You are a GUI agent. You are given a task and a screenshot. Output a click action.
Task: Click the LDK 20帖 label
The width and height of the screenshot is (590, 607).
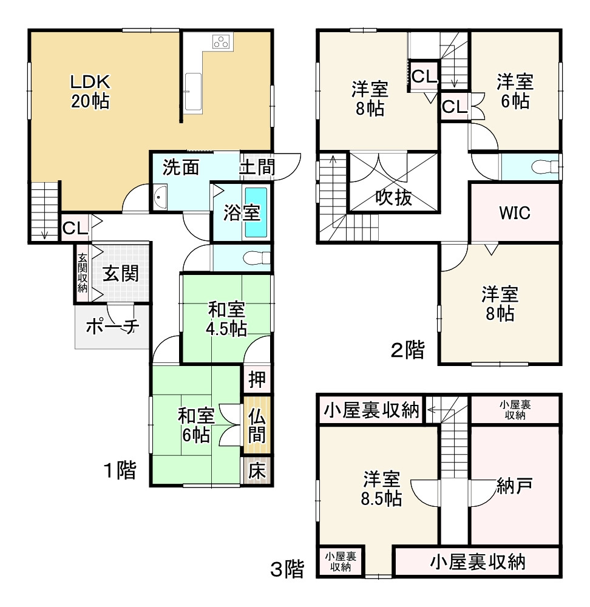(90, 91)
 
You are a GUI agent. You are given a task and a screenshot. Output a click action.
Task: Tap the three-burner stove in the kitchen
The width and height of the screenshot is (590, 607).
(222, 42)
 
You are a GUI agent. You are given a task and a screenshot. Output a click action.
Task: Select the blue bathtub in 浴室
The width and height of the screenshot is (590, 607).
(256, 212)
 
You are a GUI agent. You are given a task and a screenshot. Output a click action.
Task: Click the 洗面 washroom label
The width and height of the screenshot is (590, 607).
(181, 167)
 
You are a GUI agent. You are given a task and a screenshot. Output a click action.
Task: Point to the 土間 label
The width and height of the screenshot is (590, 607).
(257, 167)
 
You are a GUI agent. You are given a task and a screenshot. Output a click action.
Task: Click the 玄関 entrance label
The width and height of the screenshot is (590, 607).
(120, 274)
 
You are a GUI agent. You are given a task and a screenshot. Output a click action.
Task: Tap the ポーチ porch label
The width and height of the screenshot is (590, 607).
(112, 327)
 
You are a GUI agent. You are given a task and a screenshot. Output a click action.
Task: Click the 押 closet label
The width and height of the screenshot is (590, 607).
(257, 380)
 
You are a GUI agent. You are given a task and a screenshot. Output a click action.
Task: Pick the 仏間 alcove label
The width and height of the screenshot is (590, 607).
(257, 426)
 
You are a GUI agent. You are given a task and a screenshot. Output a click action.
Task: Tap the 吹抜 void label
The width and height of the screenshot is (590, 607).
(393, 197)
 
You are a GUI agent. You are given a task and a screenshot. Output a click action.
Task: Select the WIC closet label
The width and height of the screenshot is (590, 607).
(515, 213)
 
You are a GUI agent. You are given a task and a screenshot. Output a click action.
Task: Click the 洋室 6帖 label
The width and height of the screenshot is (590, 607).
(515, 90)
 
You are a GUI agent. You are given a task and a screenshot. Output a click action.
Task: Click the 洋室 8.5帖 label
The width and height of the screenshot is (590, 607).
(381, 489)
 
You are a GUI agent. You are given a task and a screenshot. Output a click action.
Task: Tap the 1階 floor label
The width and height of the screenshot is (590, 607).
(119, 470)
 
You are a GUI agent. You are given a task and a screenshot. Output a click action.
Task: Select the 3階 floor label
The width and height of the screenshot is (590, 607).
(287, 569)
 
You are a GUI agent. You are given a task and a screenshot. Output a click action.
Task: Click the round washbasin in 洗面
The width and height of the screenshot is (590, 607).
(160, 197)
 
